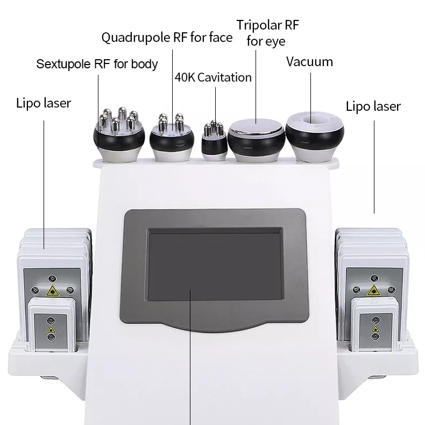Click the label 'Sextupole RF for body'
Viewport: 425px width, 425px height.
click(x=97, y=64)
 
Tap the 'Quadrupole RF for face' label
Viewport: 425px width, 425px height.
click(x=167, y=38)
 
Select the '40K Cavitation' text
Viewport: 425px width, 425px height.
click(x=213, y=77)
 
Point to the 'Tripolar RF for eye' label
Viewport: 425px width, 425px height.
click(x=267, y=33)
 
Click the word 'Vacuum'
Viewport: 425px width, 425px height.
click(x=309, y=62)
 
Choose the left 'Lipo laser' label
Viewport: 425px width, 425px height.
click(x=44, y=103)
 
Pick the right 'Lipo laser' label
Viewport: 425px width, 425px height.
click(x=373, y=107)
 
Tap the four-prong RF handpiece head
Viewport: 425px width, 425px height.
click(x=172, y=138)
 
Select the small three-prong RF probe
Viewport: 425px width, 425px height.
click(x=214, y=141)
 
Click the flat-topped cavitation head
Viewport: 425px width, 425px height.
click(x=257, y=140)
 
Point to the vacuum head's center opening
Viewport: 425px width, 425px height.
click(x=311, y=119)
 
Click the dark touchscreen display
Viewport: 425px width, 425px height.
click(x=215, y=264)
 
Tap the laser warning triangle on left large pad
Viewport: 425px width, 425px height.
click(x=53, y=291)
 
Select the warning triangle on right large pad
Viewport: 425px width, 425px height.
click(x=374, y=291)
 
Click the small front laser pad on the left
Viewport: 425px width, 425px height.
click(x=52, y=325)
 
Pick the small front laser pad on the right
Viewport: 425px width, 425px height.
click(x=375, y=325)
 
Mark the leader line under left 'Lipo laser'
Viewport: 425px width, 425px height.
click(x=44, y=185)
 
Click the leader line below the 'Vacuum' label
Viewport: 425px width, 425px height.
click(x=310, y=98)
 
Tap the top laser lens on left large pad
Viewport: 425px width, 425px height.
click(x=52, y=278)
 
